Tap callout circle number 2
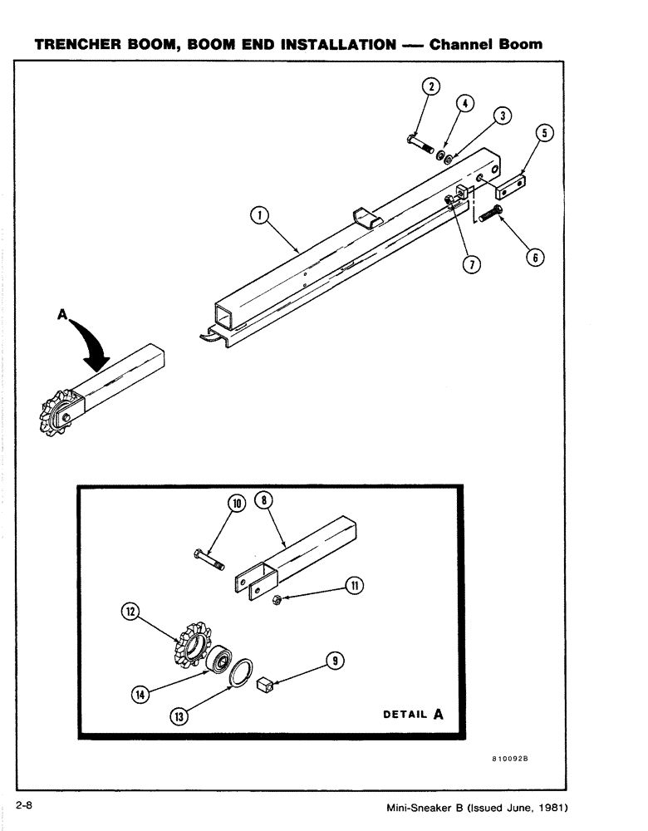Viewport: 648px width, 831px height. coord(431,85)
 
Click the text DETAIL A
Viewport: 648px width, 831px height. coord(413,713)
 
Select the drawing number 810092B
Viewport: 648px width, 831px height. coord(510,760)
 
